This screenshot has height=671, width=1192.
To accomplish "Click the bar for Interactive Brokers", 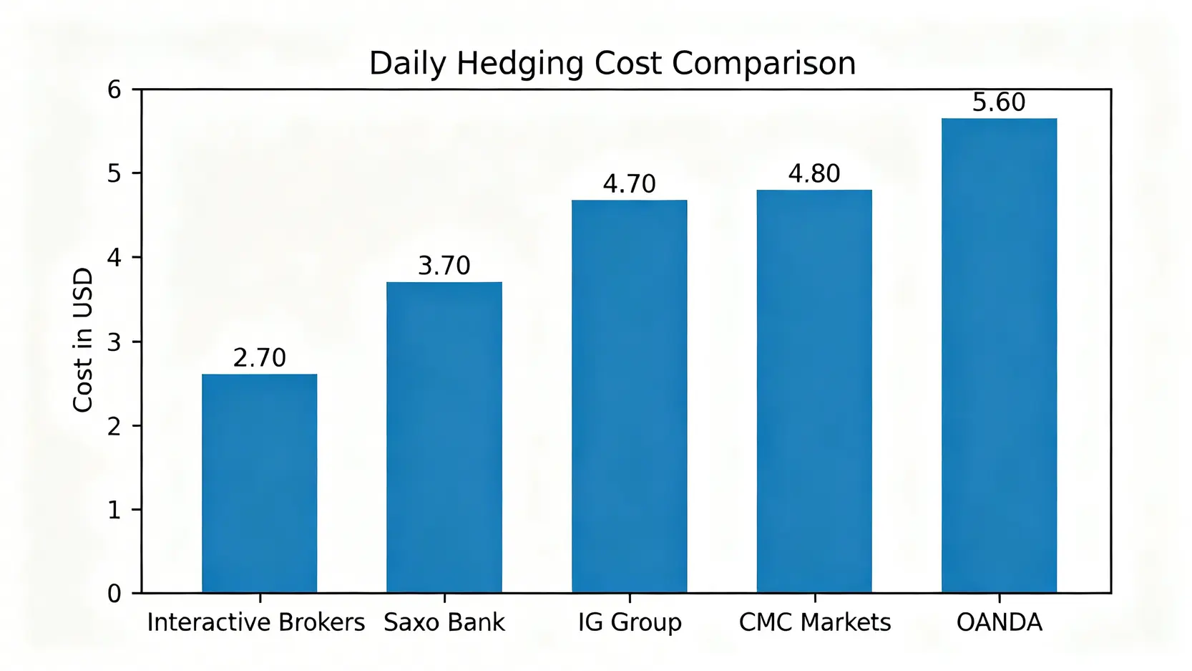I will coord(259,483).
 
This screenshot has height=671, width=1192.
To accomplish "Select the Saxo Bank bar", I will coord(444,437).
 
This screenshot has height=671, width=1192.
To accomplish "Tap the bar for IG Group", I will coord(629,396).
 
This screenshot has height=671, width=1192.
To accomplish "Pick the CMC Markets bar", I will coord(814,391).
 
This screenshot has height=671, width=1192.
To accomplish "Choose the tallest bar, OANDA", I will coord(999,355).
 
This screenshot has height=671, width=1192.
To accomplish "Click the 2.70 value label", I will coord(259,357).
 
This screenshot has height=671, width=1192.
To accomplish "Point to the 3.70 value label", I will coord(444,266).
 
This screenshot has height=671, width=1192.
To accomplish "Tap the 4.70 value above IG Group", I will coord(629,184).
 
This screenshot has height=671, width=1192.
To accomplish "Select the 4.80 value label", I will coord(814,174).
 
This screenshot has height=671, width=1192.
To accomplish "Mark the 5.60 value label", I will coord(999,103).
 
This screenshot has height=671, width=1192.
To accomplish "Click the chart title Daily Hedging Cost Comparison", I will coord(612,64).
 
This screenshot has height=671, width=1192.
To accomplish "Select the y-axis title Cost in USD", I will coord(84,340).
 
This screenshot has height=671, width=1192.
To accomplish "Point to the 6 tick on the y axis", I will coord(114,90).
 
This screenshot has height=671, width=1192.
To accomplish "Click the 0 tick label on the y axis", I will coord(114,594).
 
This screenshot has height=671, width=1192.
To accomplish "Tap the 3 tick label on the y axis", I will coord(114,342).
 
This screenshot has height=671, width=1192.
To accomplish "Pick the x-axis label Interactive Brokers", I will coord(256,622).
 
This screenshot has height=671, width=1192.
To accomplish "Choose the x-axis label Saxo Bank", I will coord(444,622).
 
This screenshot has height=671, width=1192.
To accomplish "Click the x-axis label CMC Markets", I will coord(814,622).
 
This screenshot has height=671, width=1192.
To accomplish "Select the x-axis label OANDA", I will coord(999,622).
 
